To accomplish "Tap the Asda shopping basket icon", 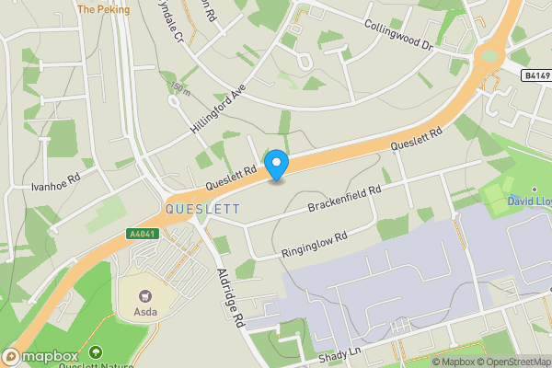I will [x=144, y=296].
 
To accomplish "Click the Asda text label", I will [x=145, y=312].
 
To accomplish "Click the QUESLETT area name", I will [x=202, y=210].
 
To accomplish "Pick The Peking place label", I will [x=103, y=9].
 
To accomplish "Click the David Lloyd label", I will [x=528, y=201].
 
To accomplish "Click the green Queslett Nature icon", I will [x=97, y=352].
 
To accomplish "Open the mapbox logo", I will [x=41, y=356].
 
